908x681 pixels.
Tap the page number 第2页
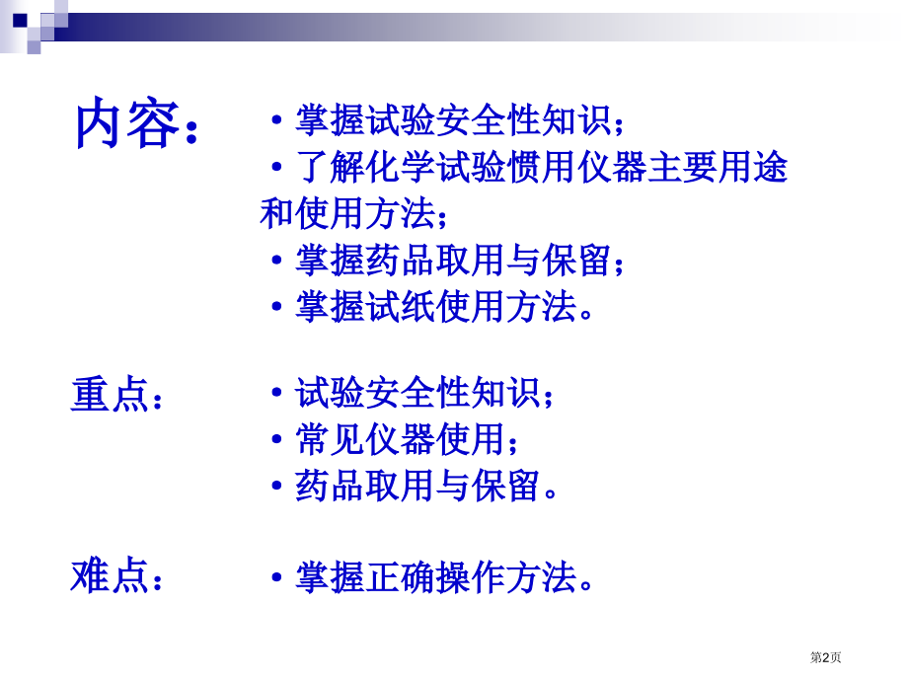pyautogui.click(x=825, y=657)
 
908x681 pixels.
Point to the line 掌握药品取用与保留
pyautogui.click(x=460, y=260)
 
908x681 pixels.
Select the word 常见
pyautogui.click(x=330, y=438)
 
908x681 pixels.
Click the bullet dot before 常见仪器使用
pyautogui.click(x=277, y=439)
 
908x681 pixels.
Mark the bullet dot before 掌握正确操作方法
pyautogui.click(x=277, y=578)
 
